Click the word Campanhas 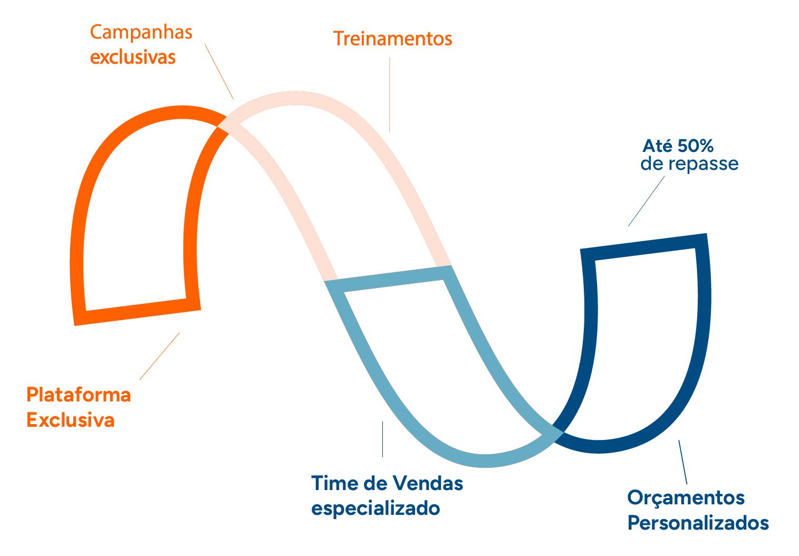pyautogui.click(x=141, y=33)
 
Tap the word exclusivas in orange pyautogui.click(x=132, y=57)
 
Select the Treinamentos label pyautogui.click(x=392, y=39)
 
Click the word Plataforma pyautogui.click(x=79, y=395)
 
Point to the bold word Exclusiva pyautogui.click(x=71, y=420)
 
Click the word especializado pyautogui.click(x=376, y=509)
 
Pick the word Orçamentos pyautogui.click(x=686, y=497)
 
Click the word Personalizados pyautogui.click(x=698, y=523)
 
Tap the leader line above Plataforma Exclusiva pyautogui.click(x=159, y=356)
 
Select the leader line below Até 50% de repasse pyautogui.click(x=646, y=201)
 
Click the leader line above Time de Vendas pyautogui.click(x=382, y=439)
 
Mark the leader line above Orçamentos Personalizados pyautogui.click(x=682, y=462)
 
